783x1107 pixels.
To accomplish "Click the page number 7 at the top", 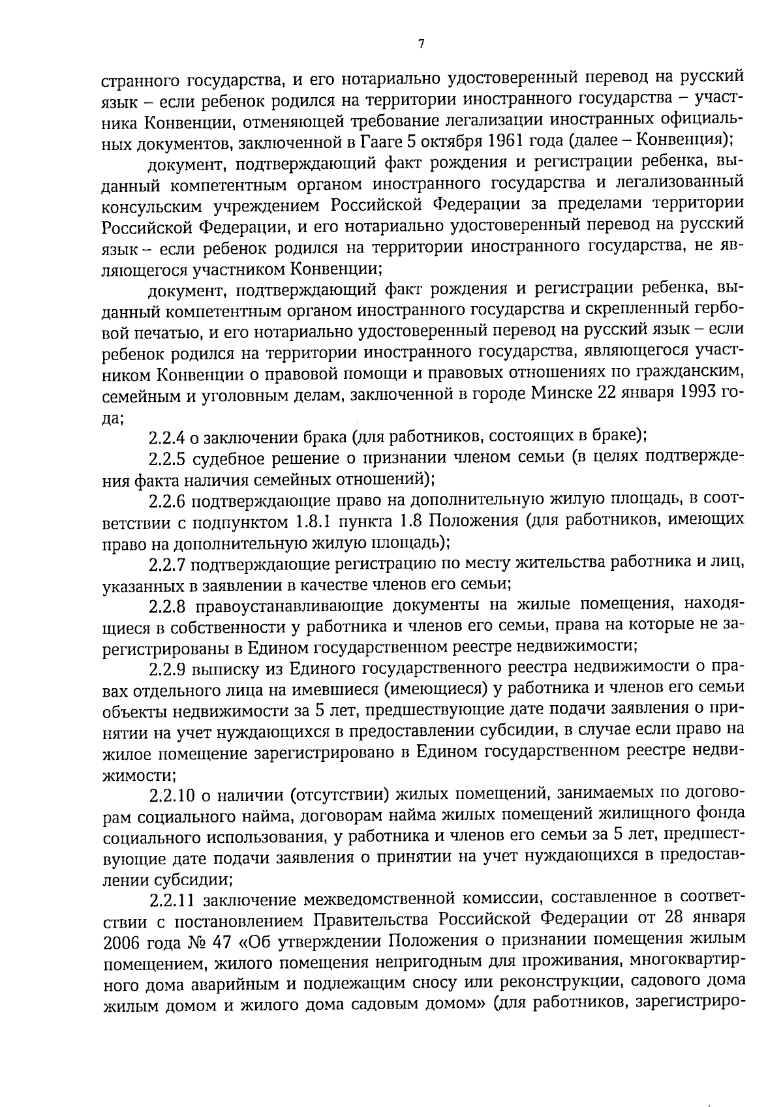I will pyautogui.click(x=420, y=44).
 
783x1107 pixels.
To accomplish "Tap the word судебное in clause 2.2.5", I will pyautogui.click(x=230, y=458).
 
